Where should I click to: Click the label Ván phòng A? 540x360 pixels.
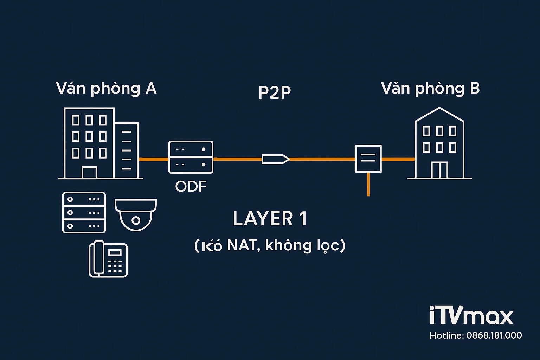106,89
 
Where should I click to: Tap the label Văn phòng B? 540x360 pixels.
430,89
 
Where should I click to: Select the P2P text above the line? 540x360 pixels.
274,92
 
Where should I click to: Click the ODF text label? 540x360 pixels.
191,187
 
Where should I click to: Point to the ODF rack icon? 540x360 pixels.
191,157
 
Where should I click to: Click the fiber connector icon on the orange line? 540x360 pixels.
275,159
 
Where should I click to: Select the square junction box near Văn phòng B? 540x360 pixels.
368,159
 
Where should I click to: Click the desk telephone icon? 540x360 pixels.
108,259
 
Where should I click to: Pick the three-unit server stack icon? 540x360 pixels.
84,212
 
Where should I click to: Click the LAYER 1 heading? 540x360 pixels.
270,219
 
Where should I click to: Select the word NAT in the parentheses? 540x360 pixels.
242,245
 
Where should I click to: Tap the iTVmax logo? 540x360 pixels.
471,315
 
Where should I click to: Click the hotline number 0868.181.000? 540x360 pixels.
494,335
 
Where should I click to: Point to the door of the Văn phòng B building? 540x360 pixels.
439,170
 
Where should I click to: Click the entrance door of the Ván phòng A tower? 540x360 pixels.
89,173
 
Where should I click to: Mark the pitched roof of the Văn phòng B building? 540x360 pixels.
439,114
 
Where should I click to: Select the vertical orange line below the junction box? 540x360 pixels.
368,184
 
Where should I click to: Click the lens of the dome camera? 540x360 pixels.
136,220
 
